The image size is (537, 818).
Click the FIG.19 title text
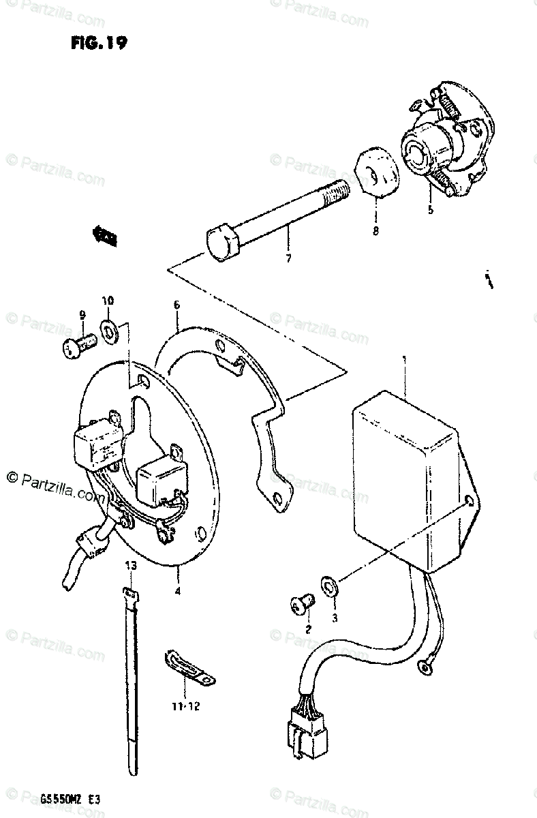click(x=97, y=43)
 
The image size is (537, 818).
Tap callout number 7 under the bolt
click(x=288, y=259)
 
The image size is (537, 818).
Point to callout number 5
click(x=430, y=210)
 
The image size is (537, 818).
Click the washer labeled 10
click(x=109, y=331)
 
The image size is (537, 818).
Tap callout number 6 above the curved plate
click(x=177, y=305)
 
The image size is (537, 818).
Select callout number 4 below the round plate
click(x=177, y=591)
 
